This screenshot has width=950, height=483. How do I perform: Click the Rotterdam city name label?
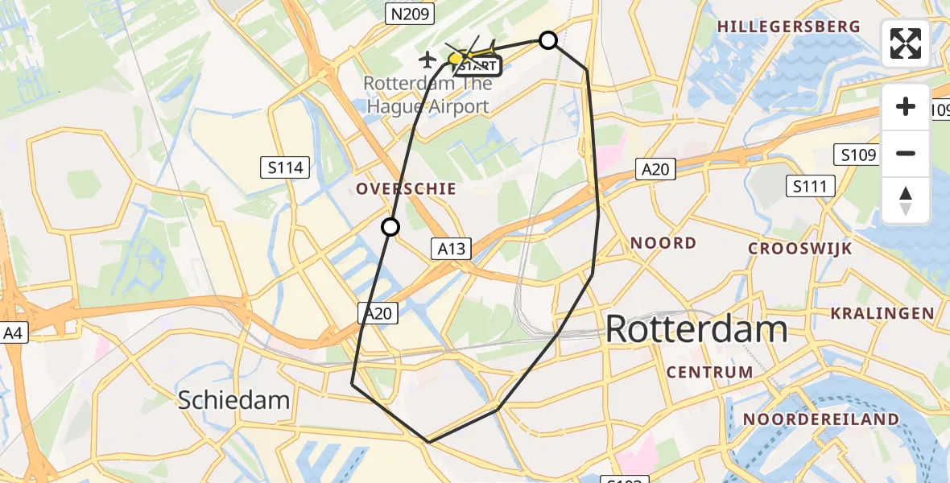coord(696,329)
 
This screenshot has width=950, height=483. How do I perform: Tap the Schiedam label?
coord(233,399)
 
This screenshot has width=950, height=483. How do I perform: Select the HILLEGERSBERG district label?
coord(788,27)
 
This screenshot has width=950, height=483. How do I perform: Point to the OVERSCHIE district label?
coord(407,188)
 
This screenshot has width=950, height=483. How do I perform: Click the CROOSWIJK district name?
coord(799,249)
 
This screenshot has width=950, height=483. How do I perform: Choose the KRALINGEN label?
coord(882,313)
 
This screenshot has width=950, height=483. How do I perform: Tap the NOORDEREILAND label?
coord(821,419)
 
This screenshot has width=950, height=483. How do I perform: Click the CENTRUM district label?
coord(710,372)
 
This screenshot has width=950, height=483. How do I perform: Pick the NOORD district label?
coord(663,242)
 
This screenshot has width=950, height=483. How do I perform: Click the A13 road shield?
coord(452,249)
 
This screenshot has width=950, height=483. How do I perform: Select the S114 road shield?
coord(286,167)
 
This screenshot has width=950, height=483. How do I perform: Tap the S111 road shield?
coord(810,187)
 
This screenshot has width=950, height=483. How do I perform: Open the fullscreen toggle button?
coord(906,43)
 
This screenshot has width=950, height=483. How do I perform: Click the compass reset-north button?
coord(906,200)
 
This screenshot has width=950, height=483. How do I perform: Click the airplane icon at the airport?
coord(427,59)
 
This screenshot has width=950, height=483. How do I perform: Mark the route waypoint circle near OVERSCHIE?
coord(390,227)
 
